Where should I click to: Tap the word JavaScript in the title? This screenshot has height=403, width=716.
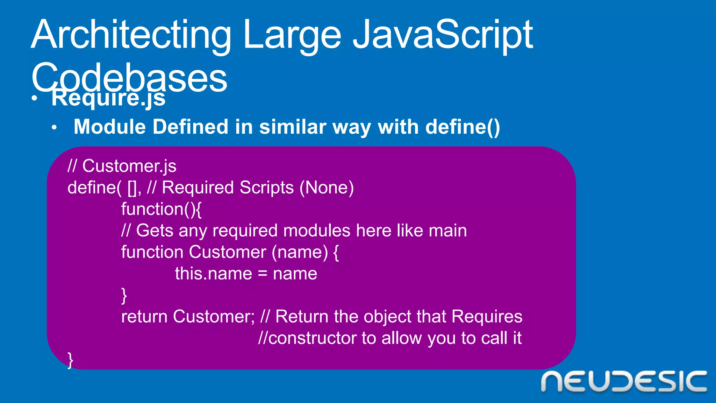tap(442, 35)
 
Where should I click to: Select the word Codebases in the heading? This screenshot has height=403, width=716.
tap(129, 78)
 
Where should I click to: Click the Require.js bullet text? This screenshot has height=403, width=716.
tap(108, 98)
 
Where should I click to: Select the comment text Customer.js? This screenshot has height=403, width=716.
tap(129, 166)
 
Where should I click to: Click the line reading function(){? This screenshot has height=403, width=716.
tap(161, 209)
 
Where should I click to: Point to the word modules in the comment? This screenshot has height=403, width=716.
tap(316, 231)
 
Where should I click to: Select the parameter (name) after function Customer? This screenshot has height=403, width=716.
tap(300, 252)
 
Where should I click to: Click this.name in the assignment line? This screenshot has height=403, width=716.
tap(213, 274)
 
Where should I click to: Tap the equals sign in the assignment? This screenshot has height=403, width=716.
tap(263, 274)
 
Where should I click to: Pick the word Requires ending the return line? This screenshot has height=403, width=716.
tap(487, 317)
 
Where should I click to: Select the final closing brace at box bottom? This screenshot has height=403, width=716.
tap(70, 360)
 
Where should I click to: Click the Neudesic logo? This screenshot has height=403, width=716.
tap(624, 382)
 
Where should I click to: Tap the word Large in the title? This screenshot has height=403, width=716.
tap(292, 35)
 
